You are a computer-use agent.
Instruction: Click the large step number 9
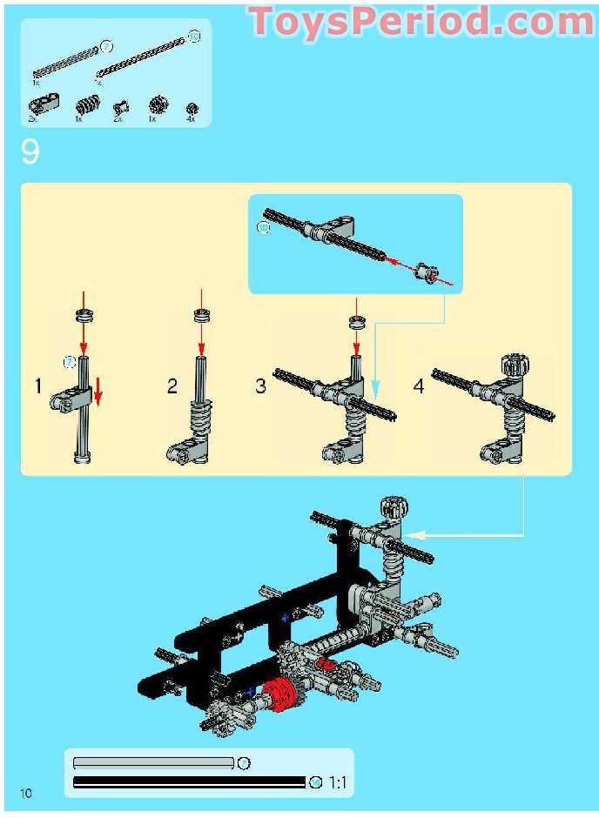click(x=30, y=153)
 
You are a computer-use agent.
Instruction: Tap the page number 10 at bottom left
click(x=26, y=793)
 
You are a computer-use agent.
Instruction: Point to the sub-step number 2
click(x=172, y=386)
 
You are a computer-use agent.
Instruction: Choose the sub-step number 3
click(x=260, y=386)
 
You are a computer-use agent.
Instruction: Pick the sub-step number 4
click(x=419, y=386)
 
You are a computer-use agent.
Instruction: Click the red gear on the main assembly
click(x=280, y=696)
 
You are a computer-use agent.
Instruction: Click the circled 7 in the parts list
click(x=106, y=45)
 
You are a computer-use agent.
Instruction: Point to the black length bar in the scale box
click(x=189, y=782)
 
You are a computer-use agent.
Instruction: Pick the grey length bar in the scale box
click(x=153, y=763)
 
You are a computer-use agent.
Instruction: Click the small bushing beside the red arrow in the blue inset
click(x=426, y=273)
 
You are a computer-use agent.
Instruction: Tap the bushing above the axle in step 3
click(x=355, y=324)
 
